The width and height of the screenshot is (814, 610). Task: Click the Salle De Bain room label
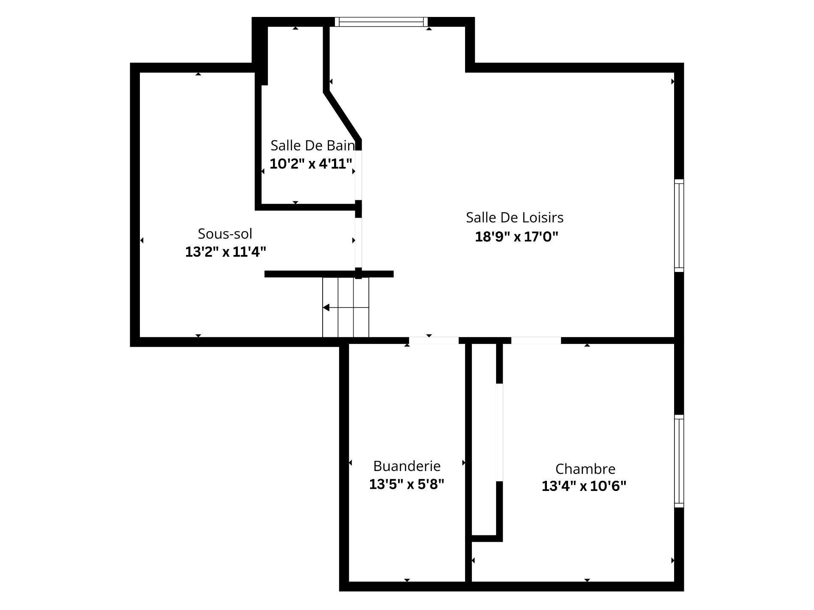[x=312, y=146]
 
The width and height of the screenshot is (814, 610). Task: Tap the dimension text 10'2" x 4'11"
[x=311, y=164]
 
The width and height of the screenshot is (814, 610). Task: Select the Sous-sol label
[x=225, y=234]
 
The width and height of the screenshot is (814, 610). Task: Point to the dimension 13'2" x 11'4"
[x=226, y=252]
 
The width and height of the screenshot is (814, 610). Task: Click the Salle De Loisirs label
[x=515, y=218]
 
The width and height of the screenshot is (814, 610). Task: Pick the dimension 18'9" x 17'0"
[x=516, y=236]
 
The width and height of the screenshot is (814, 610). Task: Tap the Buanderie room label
[x=407, y=466]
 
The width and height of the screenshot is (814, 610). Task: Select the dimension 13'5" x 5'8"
[x=407, y=484]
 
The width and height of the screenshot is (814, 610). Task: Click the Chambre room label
[x=585, y=469]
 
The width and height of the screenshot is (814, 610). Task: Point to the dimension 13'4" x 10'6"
[x=584, y=486]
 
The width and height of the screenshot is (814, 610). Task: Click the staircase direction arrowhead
[x=326, y=308]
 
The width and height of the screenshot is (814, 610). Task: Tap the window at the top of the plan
[x=381, y=22]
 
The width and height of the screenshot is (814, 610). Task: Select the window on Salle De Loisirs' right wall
[x=679, y=225]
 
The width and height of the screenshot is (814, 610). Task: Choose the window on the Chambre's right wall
[x=679, y=461]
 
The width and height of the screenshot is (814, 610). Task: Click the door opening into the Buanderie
[x=434, y=340]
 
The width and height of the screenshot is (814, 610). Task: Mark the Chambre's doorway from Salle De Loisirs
[x=536, y=340]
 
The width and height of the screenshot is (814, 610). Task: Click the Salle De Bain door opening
[x=359, y=175]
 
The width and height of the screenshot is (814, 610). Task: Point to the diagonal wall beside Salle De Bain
[x=342, y=115]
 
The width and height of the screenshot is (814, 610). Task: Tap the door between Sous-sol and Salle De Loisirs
[x=359, y=242]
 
